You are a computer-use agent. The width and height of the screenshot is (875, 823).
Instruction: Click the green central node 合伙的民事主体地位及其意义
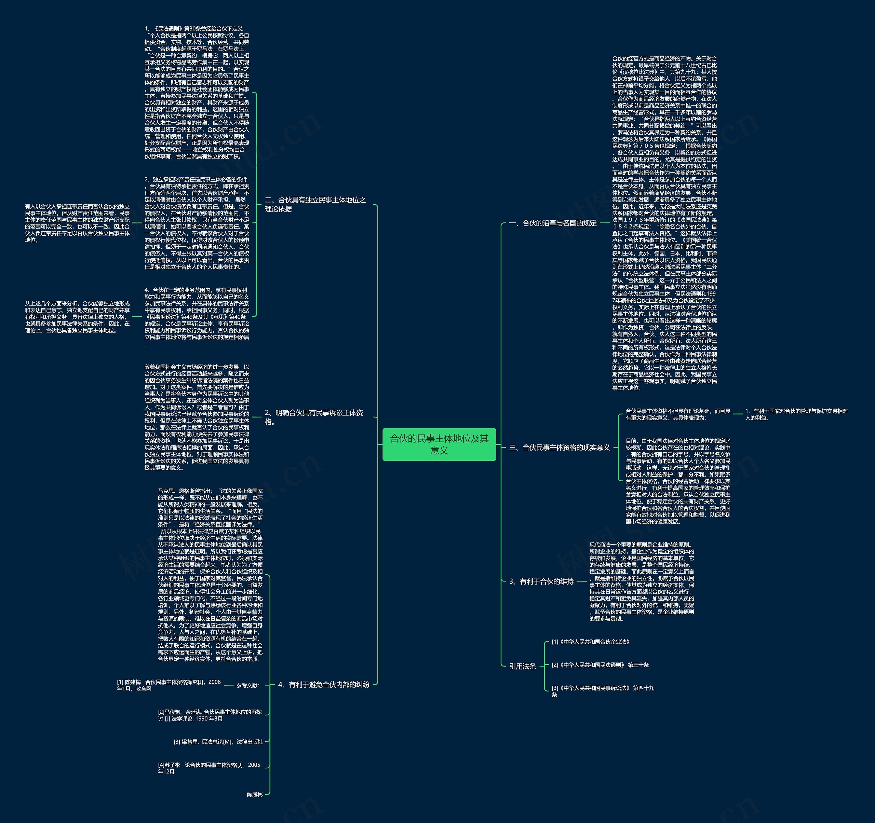439,444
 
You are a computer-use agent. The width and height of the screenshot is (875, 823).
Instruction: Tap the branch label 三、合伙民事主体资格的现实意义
559,447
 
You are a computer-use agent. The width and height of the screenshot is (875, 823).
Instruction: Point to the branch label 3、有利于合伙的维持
541,581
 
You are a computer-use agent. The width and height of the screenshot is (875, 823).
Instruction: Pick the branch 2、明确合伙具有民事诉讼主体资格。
314,417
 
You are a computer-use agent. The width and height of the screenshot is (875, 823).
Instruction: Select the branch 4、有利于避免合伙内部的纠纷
323,684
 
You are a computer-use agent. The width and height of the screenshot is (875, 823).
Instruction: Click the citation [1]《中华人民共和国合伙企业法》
591,642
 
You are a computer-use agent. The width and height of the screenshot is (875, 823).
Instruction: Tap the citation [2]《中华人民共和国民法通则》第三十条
600,665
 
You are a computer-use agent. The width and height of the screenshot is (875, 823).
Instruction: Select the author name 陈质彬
254,795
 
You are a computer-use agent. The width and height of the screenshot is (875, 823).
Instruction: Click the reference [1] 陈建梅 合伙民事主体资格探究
169,685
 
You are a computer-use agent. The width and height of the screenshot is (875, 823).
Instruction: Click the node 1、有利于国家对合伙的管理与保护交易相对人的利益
796,414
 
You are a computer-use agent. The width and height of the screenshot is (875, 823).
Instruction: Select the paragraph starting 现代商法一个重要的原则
641,581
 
